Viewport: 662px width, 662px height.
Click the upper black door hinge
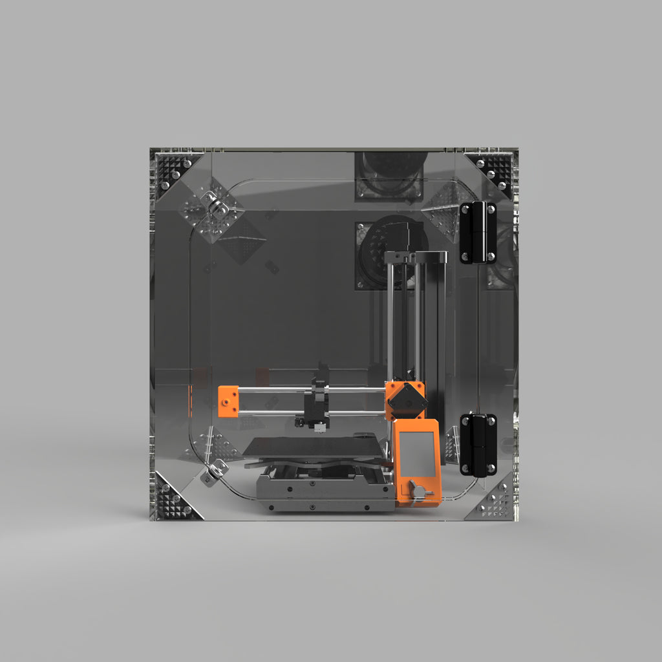click(x=478, y=232)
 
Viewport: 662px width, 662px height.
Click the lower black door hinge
click(x=478, y=445)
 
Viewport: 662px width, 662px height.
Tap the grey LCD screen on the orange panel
click(x=417, y=453)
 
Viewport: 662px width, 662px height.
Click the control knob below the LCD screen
click(x=419, y=493)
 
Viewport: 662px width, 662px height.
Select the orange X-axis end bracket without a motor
click(x=228, y=401)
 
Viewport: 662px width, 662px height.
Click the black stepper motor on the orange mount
click(x=407, y=401)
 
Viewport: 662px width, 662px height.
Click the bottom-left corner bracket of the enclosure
click(x=173, y=499)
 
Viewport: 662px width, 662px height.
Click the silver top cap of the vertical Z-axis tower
click(x=416, y=257)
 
